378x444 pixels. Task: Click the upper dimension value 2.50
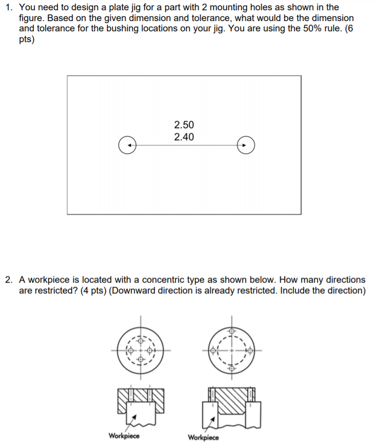coord(184,125)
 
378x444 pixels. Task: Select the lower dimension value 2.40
coord(184,137)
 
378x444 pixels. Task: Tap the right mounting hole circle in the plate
coord(246,145)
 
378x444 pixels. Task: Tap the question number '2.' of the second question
coord(10,280)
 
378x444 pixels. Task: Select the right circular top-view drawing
coord(231,350)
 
